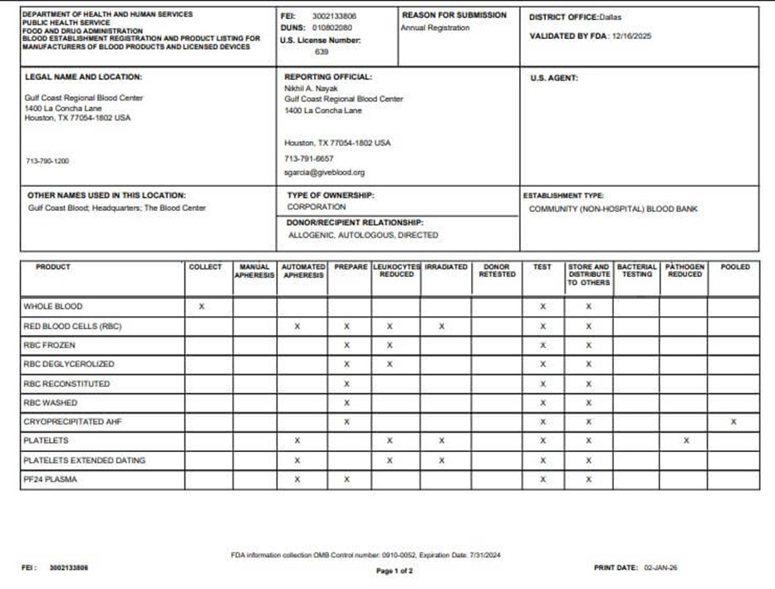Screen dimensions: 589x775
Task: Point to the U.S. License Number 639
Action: click(321, 51)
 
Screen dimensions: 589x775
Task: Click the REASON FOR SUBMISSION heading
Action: click(454, 15)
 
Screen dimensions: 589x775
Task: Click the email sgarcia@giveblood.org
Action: click(324, 173)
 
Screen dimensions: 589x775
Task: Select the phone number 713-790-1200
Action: click(47, 161)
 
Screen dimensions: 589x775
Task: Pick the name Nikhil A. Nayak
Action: click(308, 87)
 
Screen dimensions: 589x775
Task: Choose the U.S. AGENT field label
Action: click(554, 78)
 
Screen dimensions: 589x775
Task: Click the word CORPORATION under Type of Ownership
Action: click(316, 207)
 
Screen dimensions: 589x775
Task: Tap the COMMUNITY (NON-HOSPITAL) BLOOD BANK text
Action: click(613, 209)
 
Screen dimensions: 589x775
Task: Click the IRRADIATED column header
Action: click(445, 268)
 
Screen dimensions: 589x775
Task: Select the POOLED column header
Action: click(734, 268)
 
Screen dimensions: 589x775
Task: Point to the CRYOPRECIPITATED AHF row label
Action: click(72, 422)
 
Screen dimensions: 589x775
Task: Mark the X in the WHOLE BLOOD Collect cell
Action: click(202, 307)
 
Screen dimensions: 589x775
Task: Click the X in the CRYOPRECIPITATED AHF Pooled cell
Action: click(733, 422)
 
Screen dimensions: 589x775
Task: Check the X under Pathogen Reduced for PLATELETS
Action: click(686, 441)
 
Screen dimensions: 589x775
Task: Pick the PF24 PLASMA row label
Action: click(51, 479)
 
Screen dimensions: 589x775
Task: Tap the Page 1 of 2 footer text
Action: click(395, 572)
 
